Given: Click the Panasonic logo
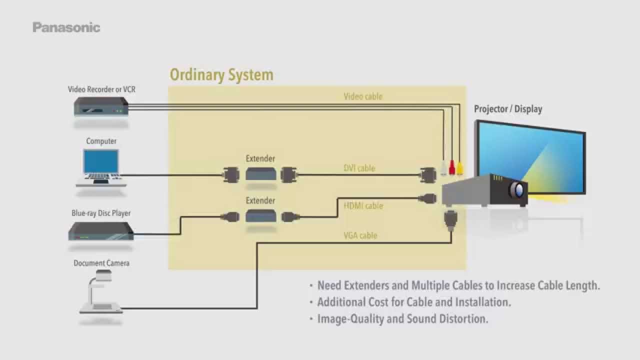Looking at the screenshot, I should point(66,27).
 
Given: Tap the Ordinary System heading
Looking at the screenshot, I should point(221,75).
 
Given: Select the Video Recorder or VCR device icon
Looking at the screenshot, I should point(101,106).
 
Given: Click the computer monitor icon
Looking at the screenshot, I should point(101,162).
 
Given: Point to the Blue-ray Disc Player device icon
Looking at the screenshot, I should point(101,230).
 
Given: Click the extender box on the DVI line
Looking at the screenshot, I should point(260,174).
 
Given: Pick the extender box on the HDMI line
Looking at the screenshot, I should point(260,216).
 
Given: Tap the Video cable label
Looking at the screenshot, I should point(362,96).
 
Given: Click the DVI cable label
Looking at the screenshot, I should point(359,168).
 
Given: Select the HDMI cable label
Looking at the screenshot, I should point(363,205).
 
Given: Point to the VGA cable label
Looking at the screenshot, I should point(360,235).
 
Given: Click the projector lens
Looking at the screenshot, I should point(518,190).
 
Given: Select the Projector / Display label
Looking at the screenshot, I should point(508,109).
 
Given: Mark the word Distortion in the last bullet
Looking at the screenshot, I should point(462,318).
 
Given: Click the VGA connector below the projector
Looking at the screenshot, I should point(449,219).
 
